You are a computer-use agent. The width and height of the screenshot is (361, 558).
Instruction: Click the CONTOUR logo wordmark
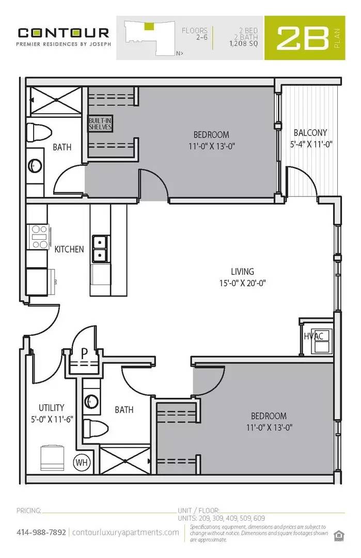[x=64, y=33]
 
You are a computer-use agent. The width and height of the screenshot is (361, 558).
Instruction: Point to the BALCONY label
[x=310, y=132]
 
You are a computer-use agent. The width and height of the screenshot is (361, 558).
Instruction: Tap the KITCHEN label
[x=69, y=249]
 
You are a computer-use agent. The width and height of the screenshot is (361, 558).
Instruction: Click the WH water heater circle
[x=82, y=461]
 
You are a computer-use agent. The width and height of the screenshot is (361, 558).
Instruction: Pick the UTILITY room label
[x=51, y=408]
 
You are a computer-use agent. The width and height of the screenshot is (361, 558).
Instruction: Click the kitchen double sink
[x=100, y=249]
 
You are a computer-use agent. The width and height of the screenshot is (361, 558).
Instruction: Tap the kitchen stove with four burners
[x=39, y=237]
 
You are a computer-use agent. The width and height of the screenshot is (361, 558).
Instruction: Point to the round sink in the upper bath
[x=35, y=165]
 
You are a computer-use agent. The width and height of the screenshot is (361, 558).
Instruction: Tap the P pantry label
[x=84, y=353]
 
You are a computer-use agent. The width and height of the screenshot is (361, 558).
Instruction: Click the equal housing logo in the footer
[x=339, y=534]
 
